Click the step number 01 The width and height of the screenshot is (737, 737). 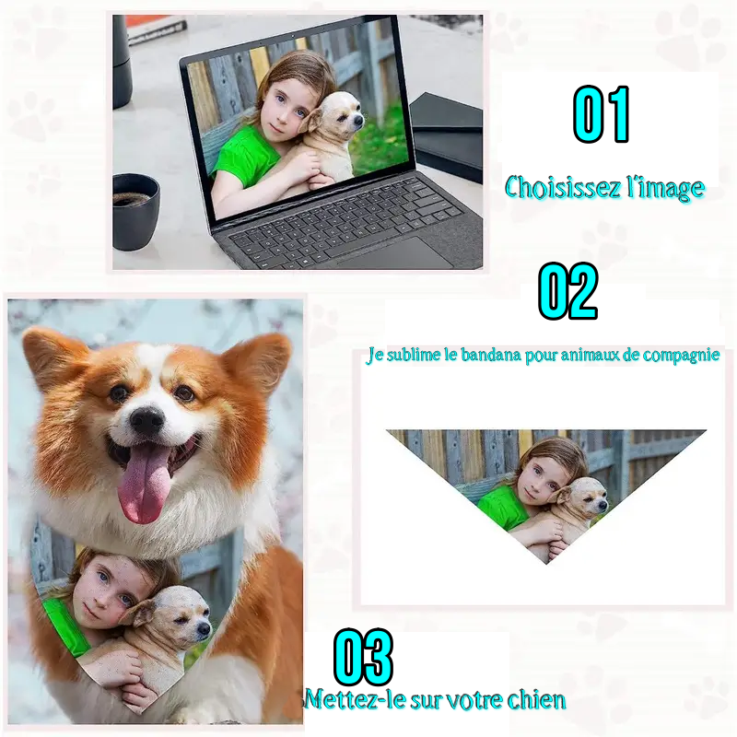click(x=602, y=114)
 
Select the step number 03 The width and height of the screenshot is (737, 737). click(x=363, y=658)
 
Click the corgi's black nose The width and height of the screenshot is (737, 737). click(x=146, y=420)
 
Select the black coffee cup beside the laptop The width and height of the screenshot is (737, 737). click(x=135, y=210)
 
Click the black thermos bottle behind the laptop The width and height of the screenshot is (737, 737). click(x=122, y=61)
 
